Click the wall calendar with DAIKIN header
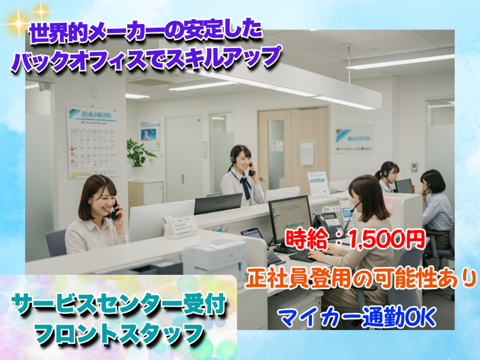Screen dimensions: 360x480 tap(91, 142)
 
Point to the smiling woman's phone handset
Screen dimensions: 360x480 tap(115, 209)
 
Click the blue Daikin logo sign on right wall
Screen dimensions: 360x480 tap(353, 139)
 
